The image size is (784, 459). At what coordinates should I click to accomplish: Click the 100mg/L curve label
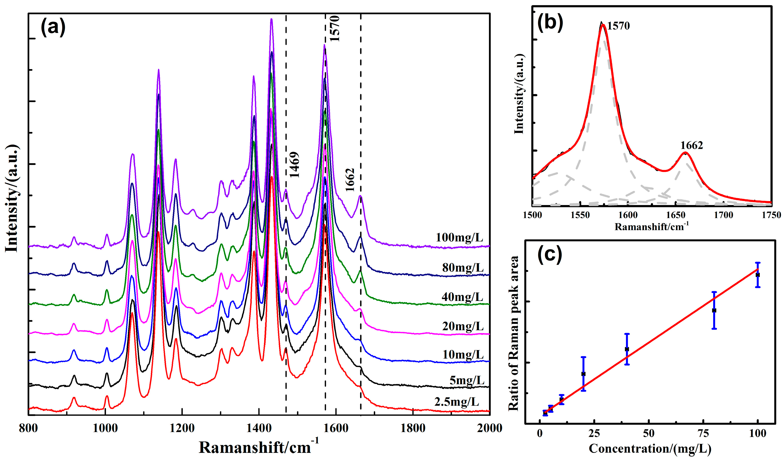tap(459, 238)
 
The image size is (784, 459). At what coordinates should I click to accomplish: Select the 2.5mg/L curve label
tap(456, 402)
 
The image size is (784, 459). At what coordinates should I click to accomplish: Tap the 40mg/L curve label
tap(462, 297)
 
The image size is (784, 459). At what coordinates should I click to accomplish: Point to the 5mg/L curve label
tap(467, 380)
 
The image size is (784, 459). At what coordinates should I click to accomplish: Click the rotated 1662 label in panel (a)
tap(350, 180)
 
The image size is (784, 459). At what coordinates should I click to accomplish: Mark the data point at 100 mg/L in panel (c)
tap(758, 275)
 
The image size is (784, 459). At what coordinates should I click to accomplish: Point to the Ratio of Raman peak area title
tap(514, 333)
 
